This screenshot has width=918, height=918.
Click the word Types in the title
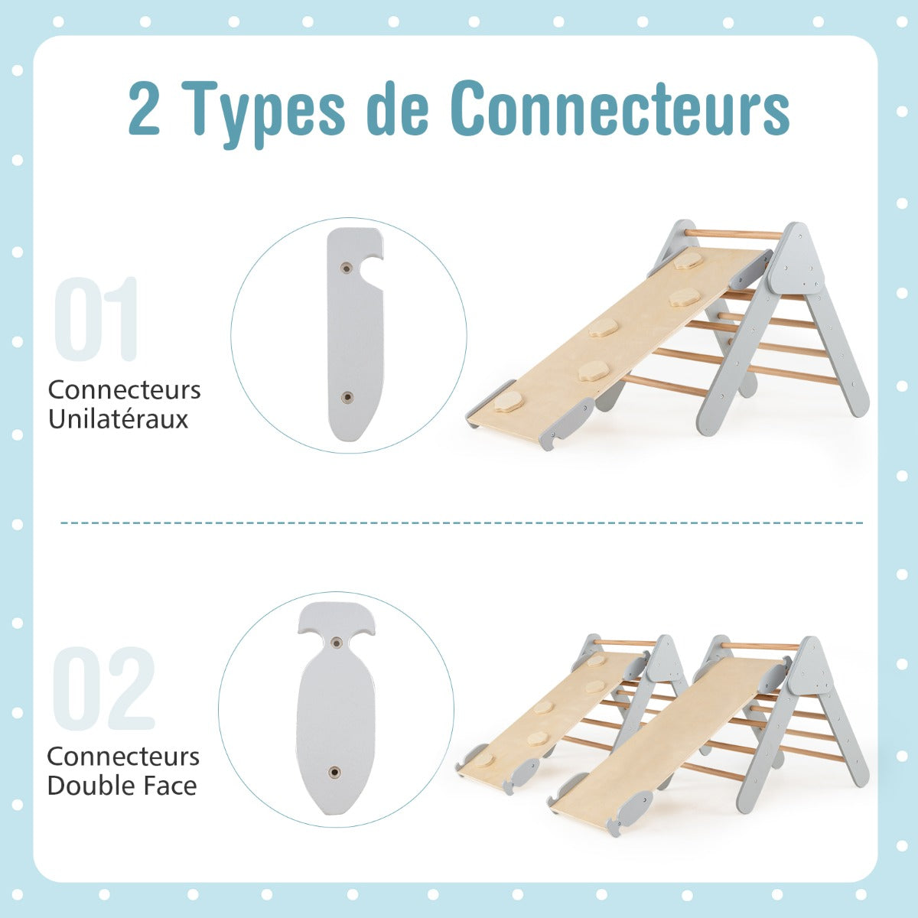tap(269, 113)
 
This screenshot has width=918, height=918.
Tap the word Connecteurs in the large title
tap(620, 109)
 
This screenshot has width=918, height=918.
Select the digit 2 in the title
tap(144, 108)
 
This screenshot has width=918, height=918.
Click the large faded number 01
tap(96, 319)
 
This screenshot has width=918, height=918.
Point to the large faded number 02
tap(104, 688)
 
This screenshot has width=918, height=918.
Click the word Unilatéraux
tap(118, 419)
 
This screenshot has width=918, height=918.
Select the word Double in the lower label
tap(87, 786)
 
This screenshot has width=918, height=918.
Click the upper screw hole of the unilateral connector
tap(347, 269)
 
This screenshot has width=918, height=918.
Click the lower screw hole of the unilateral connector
tap(348, 397)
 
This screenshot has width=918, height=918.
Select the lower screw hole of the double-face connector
tap(335, 772)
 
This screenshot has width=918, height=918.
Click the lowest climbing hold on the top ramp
tap(509, 402)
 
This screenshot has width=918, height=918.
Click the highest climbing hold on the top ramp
tap(685, 261)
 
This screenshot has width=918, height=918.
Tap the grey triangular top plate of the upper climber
tap(796, 261)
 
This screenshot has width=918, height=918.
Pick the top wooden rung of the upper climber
tap(734, 234)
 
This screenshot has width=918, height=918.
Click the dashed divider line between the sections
tap(461, 522)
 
